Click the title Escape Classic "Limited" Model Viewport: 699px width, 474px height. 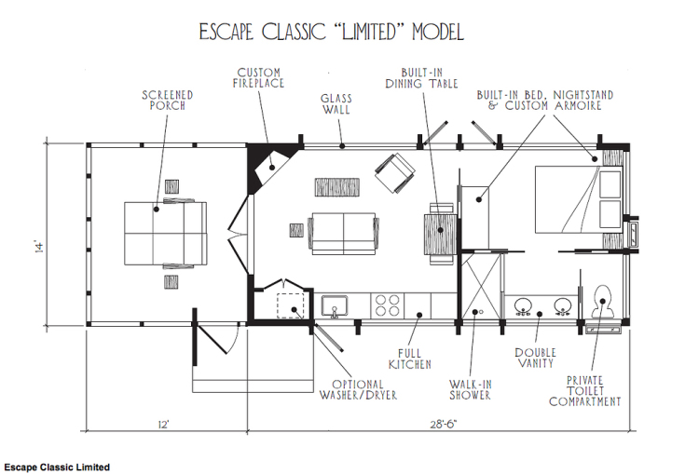[331, 32]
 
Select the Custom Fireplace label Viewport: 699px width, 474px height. [259, 77]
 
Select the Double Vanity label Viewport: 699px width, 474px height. [536, 359]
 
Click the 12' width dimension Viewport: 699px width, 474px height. [162, 425]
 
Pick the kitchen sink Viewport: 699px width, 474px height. [335, 305]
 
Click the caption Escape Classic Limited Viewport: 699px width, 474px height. [57, 467]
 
